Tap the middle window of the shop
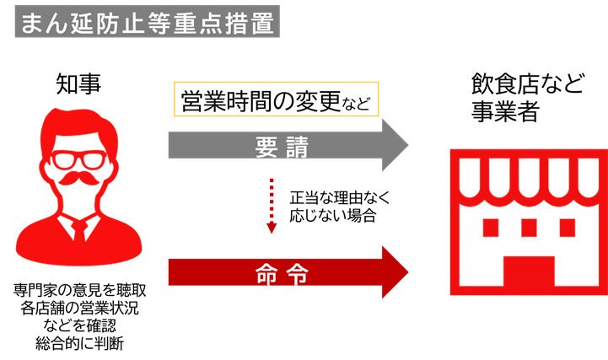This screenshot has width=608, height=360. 529,228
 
